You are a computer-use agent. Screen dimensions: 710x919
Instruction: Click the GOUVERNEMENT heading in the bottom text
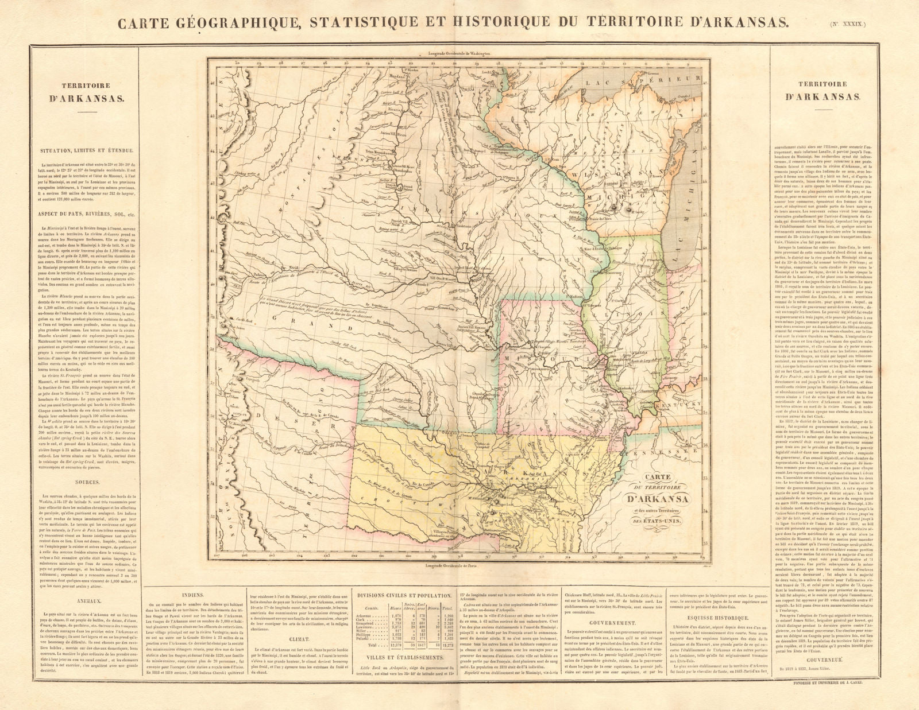[613, 623]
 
